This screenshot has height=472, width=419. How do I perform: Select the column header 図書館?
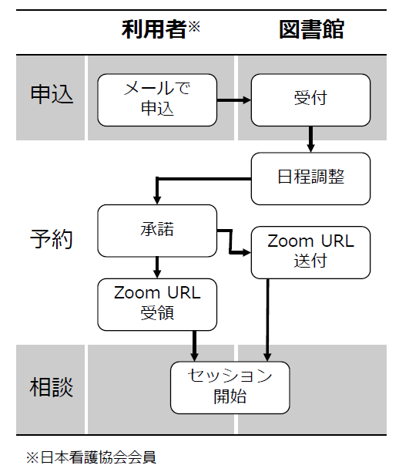tap(310, 30)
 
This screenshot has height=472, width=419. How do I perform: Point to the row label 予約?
tap(52, 238)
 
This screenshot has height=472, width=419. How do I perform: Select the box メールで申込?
tap(157, 99)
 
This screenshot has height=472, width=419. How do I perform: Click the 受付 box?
tap(310, 99)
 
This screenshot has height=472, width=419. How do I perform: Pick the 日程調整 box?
tap(310, 177)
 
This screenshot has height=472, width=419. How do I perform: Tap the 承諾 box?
tap(157, 230)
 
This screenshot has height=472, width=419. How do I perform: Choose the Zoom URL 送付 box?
tap(310, 251)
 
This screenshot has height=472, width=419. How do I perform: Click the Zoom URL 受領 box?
tap(157, 304)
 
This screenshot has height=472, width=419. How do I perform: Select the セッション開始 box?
tap(230, 387)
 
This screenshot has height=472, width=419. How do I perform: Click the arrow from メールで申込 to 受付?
tap(234, 99)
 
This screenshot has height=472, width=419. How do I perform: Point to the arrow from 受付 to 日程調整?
tap(310, 139)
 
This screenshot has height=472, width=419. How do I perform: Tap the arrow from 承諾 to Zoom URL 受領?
tap(157, 267)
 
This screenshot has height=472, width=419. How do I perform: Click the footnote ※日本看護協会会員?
tap(91, 457)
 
